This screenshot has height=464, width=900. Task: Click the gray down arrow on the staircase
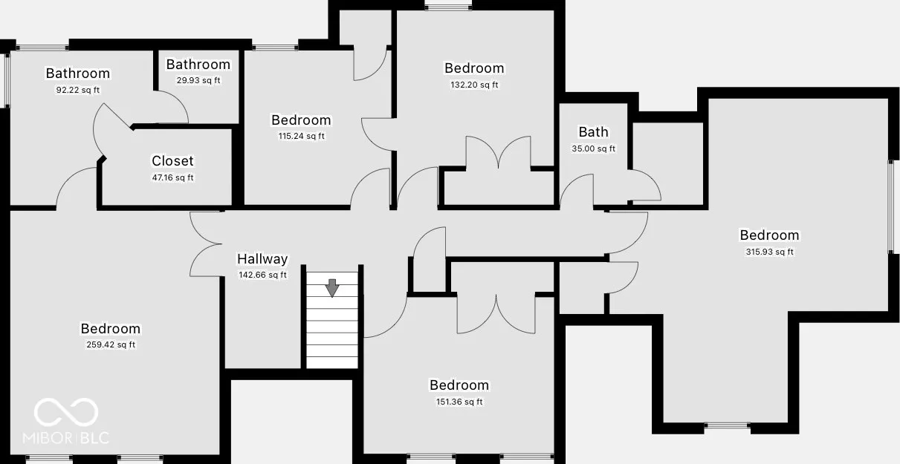point(332,288)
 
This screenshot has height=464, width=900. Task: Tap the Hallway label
point(262,259)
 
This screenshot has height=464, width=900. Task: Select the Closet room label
point(172,161)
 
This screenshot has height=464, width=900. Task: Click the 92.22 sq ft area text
point(78,90)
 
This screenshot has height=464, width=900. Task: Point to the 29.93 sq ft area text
point(198,80)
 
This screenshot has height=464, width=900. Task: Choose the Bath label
point(594,131)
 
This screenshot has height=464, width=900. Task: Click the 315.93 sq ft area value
point(769,252)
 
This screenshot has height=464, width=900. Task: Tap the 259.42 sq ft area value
point(111,344)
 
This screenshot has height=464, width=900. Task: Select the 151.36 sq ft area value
point(459,402)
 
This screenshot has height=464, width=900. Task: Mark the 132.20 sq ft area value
point(474,85)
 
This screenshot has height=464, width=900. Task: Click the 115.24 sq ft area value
point(301,136)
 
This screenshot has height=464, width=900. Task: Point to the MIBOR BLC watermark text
point(66,438)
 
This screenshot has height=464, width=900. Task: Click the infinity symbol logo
point(66,412)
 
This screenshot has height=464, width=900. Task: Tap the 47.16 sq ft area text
point(172,177)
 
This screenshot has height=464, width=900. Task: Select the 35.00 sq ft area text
point(594,148)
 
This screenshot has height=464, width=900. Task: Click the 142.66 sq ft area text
point(262,275)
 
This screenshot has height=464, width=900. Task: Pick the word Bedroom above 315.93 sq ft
point(769,235)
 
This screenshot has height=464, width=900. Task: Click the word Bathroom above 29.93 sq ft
point(198,65)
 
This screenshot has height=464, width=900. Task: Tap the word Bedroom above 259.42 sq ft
point(111,329)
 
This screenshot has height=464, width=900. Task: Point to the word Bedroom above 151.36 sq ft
point(459,385)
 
